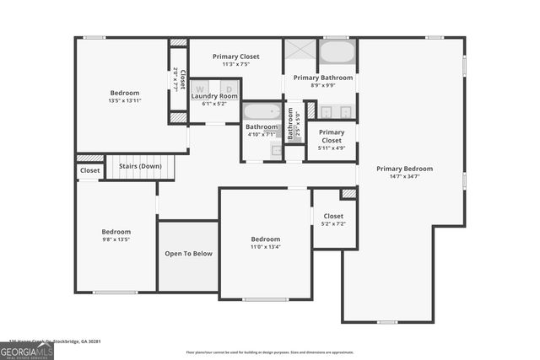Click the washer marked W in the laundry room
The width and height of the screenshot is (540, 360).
[x=202, y=87]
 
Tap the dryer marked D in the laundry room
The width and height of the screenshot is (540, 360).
[x=229, y=87]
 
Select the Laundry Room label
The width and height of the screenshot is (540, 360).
[x=214, y=96]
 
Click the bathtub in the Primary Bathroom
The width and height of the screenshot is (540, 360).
[x=337, y=53]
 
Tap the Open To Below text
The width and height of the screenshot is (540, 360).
[x=188, y=253]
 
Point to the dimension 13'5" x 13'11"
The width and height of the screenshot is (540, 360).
[x=125, y=101]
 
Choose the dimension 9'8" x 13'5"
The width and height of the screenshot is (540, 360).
[x=116, y=240]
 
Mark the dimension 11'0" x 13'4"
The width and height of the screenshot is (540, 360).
[x=265, y=247]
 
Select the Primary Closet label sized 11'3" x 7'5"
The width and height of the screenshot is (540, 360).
[x=235, y=56]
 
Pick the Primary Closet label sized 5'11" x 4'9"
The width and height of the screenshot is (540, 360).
[x=332, y=136]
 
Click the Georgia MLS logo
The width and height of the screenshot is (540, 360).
[x=26, y=351]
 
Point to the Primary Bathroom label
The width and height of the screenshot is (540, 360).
[x=323, y=78]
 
